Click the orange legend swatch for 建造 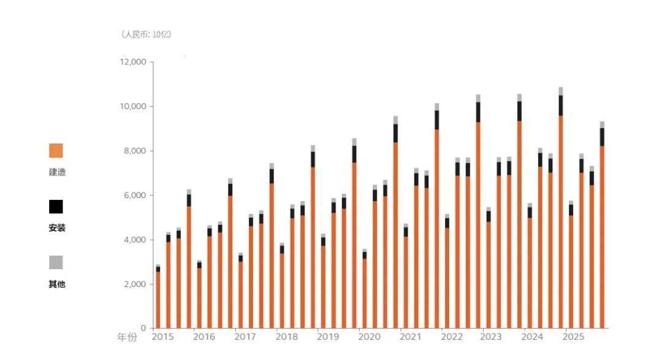click(x=56, y=150)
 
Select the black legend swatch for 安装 click(x=56, y=207)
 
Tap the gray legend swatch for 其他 click(x=56, y=262)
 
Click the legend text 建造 click(x=57, y=172)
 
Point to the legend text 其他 click(x=57, y=284)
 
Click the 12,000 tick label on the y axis click(x=133, y=62)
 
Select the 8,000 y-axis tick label click(x=135, y=151)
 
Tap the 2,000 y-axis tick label click(x=135, y=285)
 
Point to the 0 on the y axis click(x=143, y=328)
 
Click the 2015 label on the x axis click(x=162, y=337)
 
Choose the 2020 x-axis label click(x=369, y=337)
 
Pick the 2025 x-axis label click(x=573, y=337)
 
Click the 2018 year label click(x=287, y=337)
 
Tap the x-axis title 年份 click(x=127, y=337)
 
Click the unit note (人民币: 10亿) click(x=146, y=34)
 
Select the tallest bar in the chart click(x=561, y=207)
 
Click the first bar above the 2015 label click(x=158, y=296)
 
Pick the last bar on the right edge click(x=602, y=225)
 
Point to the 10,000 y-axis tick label click(x=133, y=107)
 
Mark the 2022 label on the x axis click(x=452, y=337)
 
